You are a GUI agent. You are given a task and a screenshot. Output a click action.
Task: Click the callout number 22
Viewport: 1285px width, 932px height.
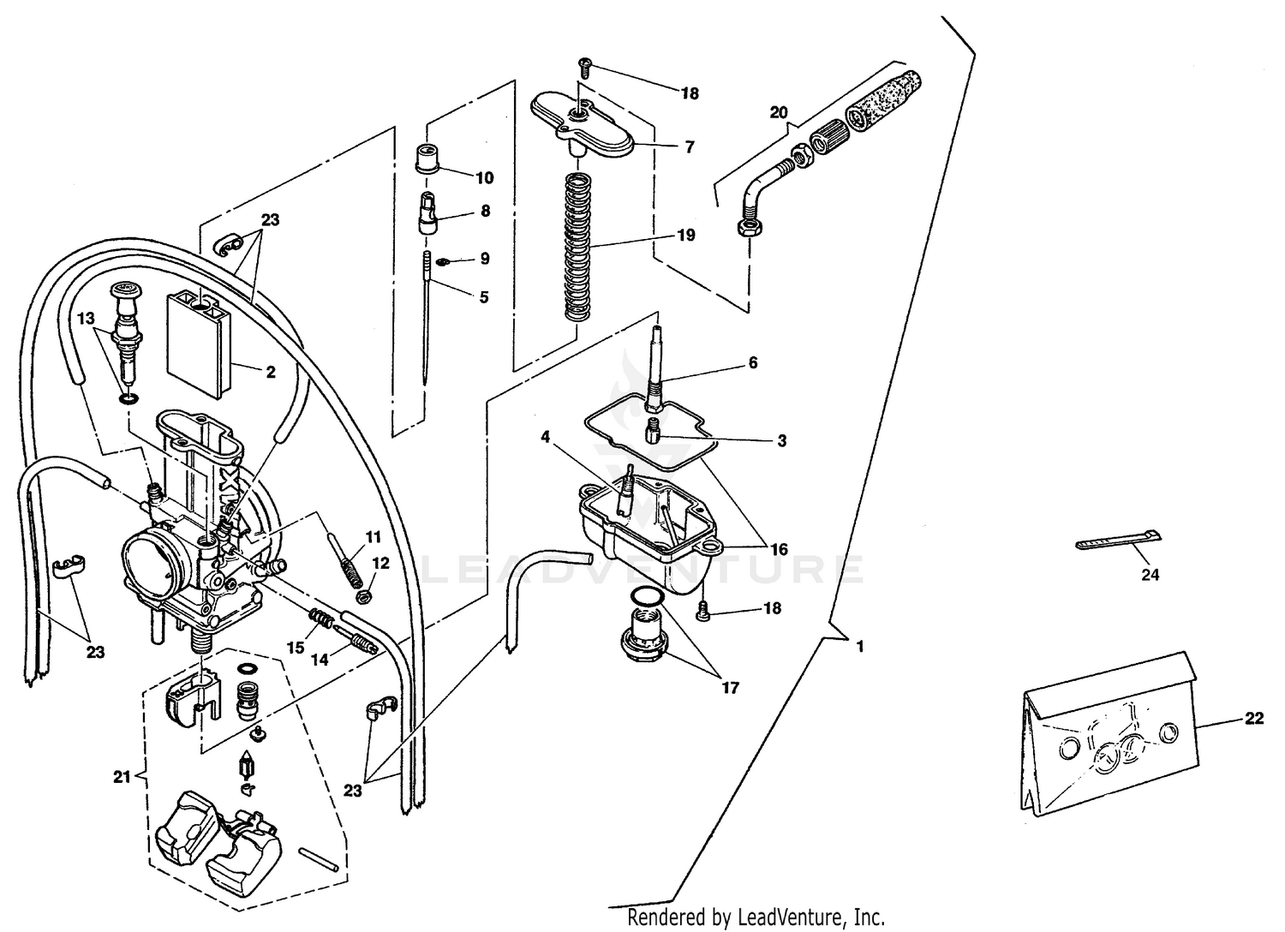(1253, 719)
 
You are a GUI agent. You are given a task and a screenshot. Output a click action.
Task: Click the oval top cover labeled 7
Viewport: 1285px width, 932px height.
(583, 124)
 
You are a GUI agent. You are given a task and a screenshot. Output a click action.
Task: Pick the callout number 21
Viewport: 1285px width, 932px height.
(120, 776)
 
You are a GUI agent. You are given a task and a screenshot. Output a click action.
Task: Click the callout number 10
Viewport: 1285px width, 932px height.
(484, 178)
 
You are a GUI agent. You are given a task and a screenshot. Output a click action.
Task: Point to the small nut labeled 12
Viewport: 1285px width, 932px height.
(362, 593)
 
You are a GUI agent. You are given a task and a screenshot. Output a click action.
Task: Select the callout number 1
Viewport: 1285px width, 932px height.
(859, 647)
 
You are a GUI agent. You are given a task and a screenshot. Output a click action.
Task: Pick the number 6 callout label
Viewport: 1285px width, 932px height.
(752, 363)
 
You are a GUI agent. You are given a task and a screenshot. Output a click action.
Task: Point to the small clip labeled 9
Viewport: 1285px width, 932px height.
(443, 260)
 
